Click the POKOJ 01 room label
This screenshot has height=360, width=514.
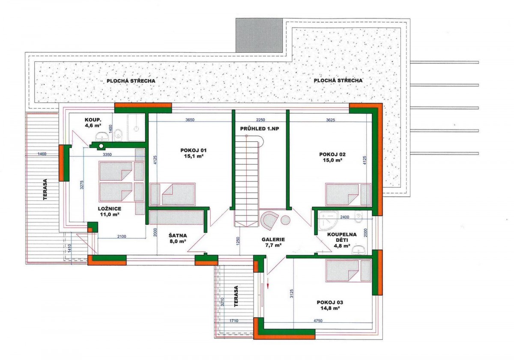coord(194,153)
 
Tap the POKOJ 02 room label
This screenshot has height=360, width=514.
coord(332,157)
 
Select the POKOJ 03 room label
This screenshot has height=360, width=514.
coord(330,305)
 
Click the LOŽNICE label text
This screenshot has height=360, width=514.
coord(110,208)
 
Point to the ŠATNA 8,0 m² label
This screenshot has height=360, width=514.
coord(178,238)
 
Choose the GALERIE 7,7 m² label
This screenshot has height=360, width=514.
coord(273,242)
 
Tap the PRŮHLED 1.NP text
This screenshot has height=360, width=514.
coord(260,129)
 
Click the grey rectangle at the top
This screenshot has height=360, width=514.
coord(259,35)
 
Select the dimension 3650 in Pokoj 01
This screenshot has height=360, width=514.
coord(190,120)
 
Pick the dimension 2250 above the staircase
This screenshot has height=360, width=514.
coord(260,120)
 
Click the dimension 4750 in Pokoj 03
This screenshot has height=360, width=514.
coord(318,321)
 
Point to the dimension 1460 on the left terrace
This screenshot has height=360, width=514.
coord(42,154)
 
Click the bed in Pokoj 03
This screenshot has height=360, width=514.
coord(348,271)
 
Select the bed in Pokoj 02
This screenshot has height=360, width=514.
coord(348,194)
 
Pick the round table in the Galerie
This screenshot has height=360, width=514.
coord(285,220)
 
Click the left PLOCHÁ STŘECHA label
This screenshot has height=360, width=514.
coord(131,81)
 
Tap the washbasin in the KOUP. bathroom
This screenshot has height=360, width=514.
coord(102,137)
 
